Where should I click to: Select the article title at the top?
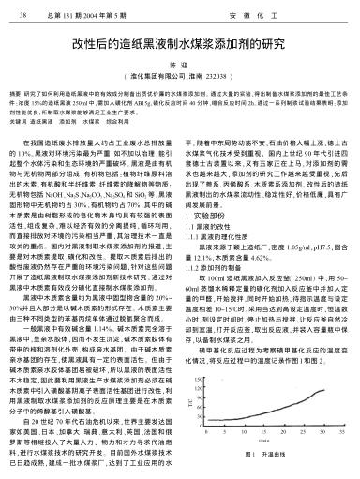pos(180,44)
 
